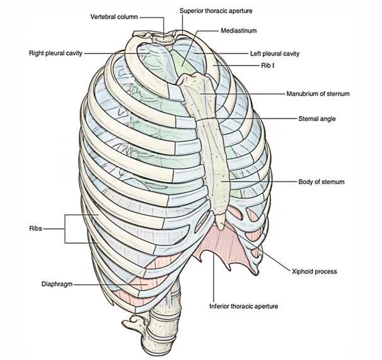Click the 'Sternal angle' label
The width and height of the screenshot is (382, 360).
click(316, 118)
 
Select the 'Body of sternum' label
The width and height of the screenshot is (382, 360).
click(321, 182)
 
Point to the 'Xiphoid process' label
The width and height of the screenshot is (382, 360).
click(315, 272)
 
